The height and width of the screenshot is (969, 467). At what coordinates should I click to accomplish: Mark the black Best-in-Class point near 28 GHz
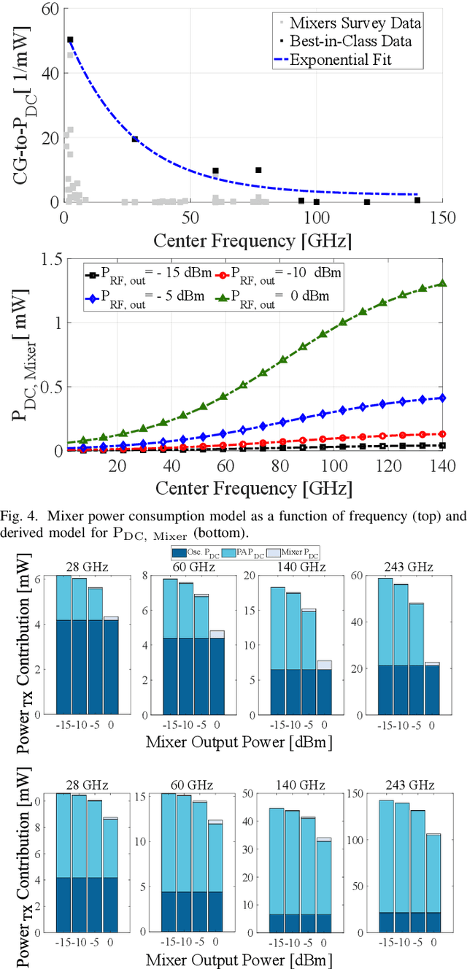[134, 139]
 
